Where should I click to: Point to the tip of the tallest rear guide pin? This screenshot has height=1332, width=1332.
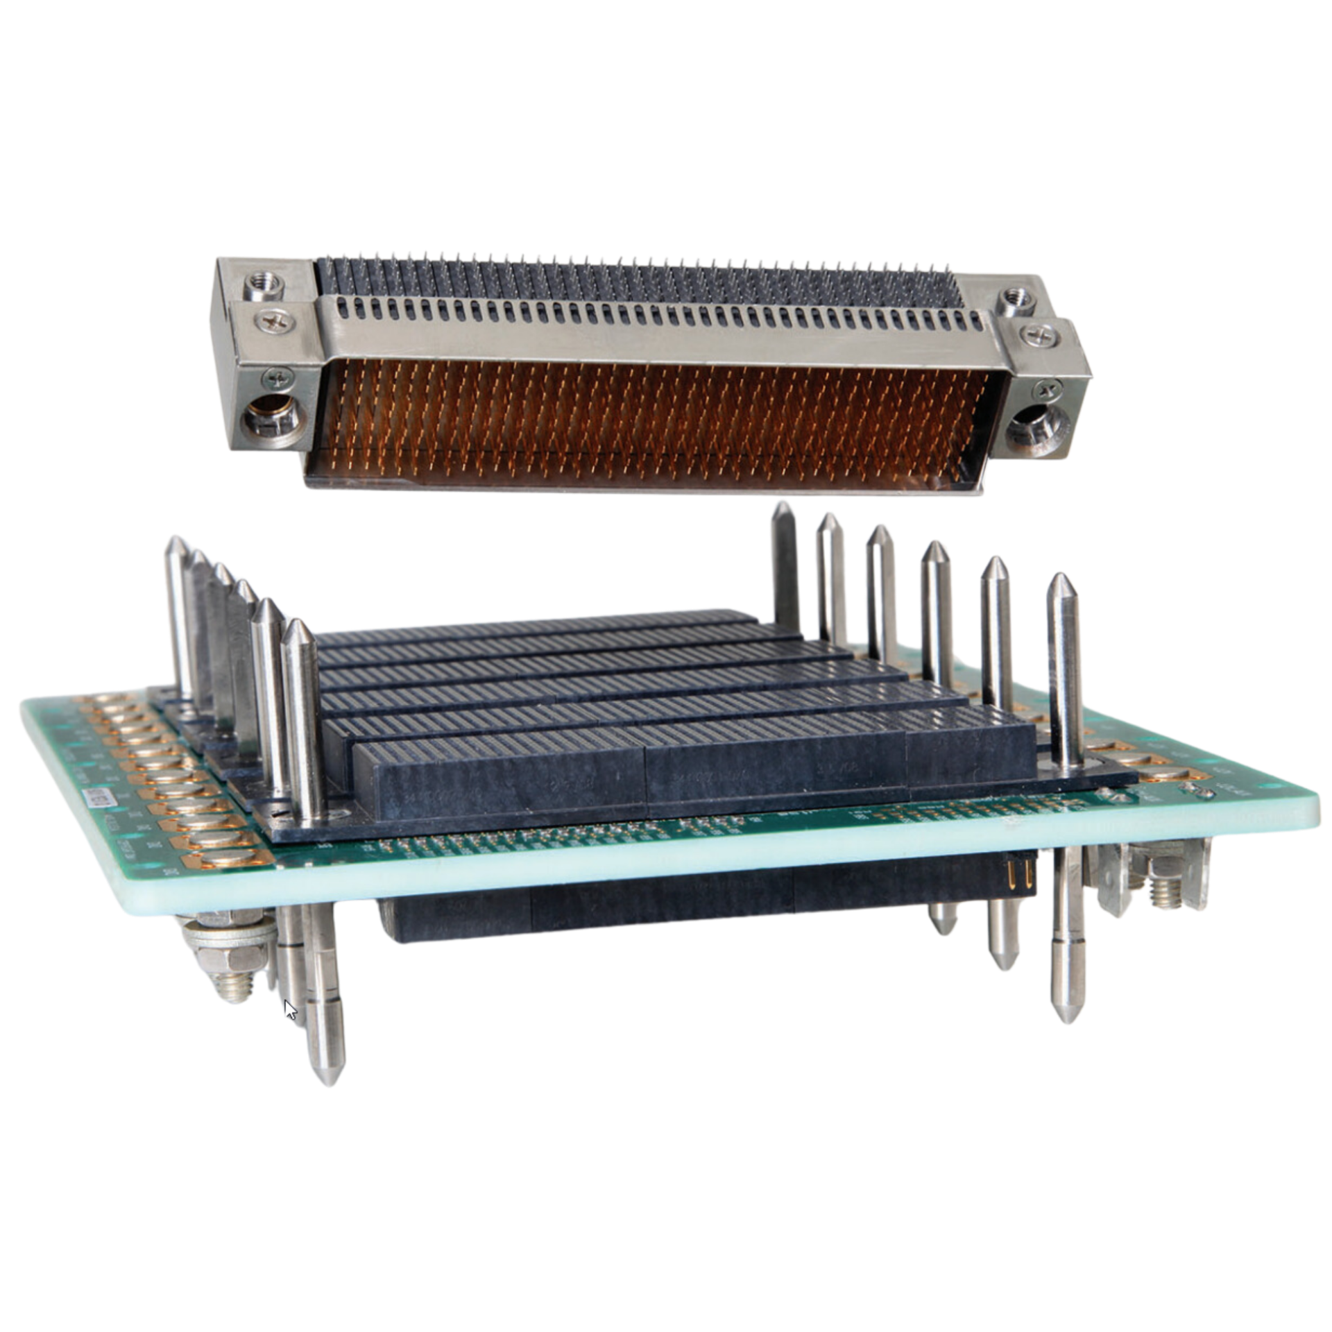click(780, 504)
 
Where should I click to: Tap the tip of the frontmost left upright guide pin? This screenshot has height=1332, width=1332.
click(298, 624)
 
